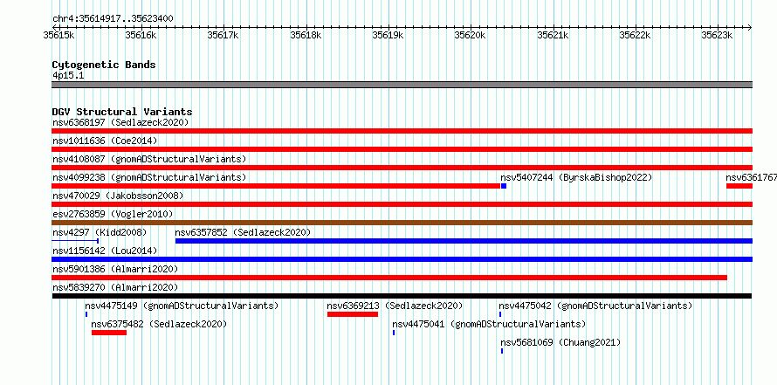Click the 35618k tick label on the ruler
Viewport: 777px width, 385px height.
coord(306,35)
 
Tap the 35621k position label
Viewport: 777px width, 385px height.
coord(553,35)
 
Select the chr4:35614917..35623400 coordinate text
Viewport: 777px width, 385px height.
coord(113,19)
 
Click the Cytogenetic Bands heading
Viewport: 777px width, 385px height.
coord(104,65)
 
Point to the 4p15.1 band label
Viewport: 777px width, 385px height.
coord(68,75)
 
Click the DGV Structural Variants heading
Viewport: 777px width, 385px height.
coord(122,112)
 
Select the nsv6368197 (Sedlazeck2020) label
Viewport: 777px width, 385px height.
coord(120,122)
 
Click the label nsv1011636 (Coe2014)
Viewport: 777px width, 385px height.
coord(105,141)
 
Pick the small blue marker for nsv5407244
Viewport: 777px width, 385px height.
coord(504,186)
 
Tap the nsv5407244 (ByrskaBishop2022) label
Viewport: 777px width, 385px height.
coord(576,177)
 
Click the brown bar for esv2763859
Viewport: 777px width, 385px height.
coord(402,223)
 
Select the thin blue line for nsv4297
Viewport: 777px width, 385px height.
coord(75,241)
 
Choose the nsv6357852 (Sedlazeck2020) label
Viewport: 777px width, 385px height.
coord(243,232)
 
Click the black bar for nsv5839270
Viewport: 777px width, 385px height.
coord(402,296)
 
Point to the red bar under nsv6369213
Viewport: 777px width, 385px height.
coord(353,314)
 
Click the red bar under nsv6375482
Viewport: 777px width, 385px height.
coord(109,333)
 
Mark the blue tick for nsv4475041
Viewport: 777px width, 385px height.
coord(394,333)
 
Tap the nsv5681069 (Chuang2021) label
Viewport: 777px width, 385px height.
coord(560,342)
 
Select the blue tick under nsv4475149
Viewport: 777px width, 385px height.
coord(86,314)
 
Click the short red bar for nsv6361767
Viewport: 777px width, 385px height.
coord(739,186)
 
